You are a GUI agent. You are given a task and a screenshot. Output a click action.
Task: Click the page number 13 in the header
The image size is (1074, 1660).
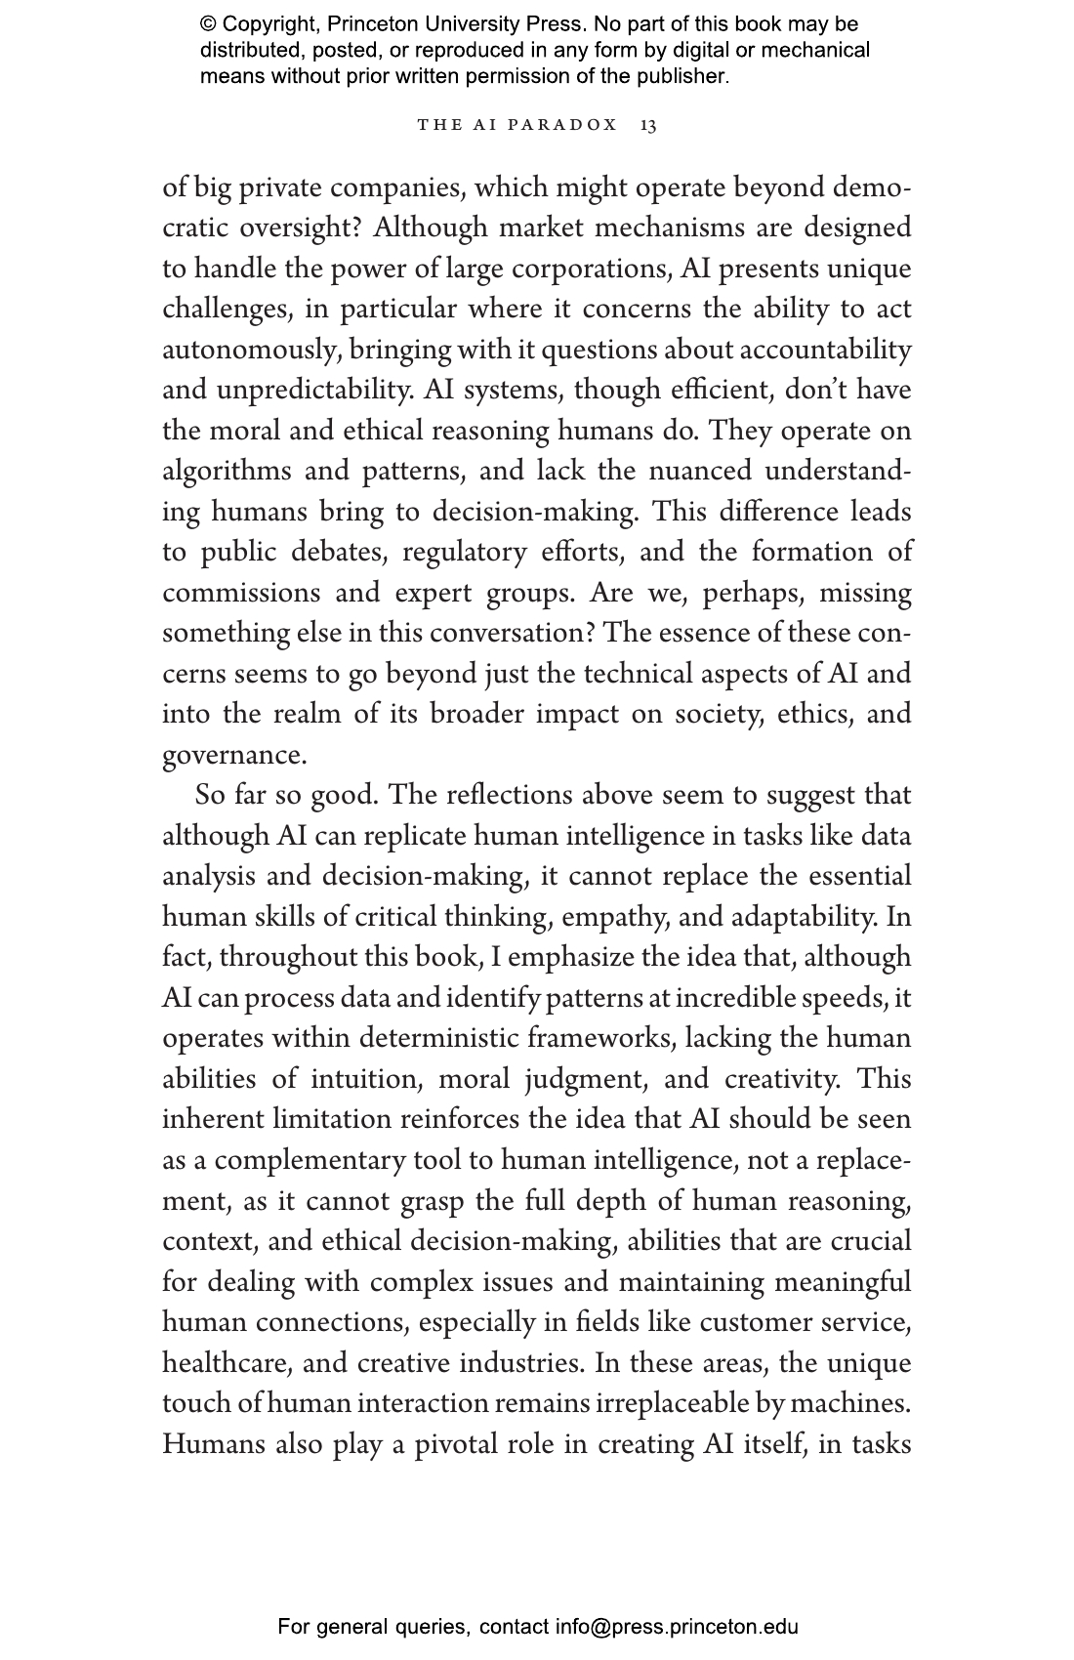coord(648,125)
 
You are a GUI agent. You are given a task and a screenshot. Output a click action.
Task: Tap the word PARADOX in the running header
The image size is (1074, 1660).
coord(569,125)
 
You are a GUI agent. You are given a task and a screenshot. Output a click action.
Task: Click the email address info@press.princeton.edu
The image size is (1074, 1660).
coord(677,1627)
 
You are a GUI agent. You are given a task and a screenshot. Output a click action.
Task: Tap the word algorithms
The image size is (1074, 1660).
coord(227,472)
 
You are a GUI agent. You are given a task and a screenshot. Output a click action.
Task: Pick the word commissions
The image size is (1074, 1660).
coord(241,593)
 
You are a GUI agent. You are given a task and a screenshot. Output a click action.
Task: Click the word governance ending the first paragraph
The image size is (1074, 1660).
coord(232,755)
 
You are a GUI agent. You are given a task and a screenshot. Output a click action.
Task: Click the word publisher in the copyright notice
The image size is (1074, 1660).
coord(681,76)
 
